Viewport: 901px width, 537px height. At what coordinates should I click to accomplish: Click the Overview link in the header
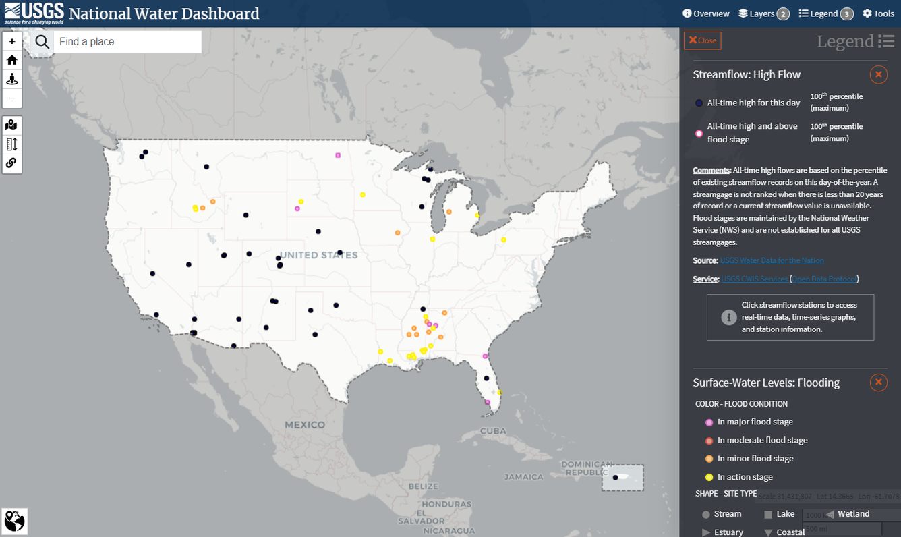point(706,13)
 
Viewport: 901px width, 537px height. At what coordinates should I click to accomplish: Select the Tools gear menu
point(878,13)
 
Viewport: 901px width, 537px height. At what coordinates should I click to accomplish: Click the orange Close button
point(702,40)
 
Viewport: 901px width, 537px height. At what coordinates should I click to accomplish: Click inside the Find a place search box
point(127,42)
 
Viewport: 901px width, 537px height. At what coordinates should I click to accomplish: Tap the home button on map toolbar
point(12,60)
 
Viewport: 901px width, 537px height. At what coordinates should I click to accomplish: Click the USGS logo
point(34,13)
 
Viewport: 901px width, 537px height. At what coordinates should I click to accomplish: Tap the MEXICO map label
point(305,425)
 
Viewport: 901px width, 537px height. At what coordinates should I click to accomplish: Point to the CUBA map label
point(493,431)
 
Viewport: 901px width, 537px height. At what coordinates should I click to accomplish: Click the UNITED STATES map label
point(318,255)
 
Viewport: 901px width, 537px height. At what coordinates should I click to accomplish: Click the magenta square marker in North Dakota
point(338,155)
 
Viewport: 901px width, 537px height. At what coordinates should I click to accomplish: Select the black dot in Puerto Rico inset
point(615,478)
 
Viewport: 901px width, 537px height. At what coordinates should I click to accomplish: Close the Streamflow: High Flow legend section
point(878,74)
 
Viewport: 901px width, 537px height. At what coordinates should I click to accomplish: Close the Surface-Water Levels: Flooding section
point(878,383)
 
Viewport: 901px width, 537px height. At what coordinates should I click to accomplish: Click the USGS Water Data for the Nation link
point(772,260)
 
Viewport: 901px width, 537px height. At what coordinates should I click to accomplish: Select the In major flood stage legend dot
point(709,422)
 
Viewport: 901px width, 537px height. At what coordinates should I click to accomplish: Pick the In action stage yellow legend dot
point(709,478)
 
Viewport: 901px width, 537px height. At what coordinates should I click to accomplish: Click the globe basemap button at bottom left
point(14,521)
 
